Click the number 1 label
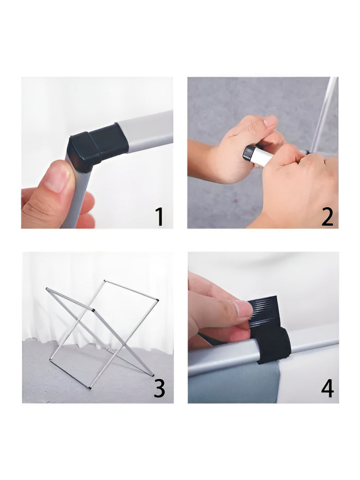[x=160, y=216]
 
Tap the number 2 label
[x=327, y=216]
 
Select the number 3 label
[x=159, y=388]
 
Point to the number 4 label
[x=327, y=388]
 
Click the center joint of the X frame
[x=93, y=311]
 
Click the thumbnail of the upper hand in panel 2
[x=270, y=120]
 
